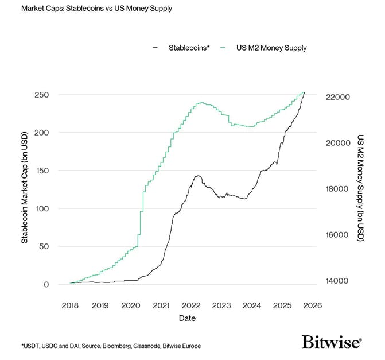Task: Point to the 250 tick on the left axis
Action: point(42,95)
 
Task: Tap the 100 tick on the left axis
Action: point(42,208)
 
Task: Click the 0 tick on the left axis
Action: point(46,285)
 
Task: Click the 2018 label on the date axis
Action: point(70,305)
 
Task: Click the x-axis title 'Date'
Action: point(187,318)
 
